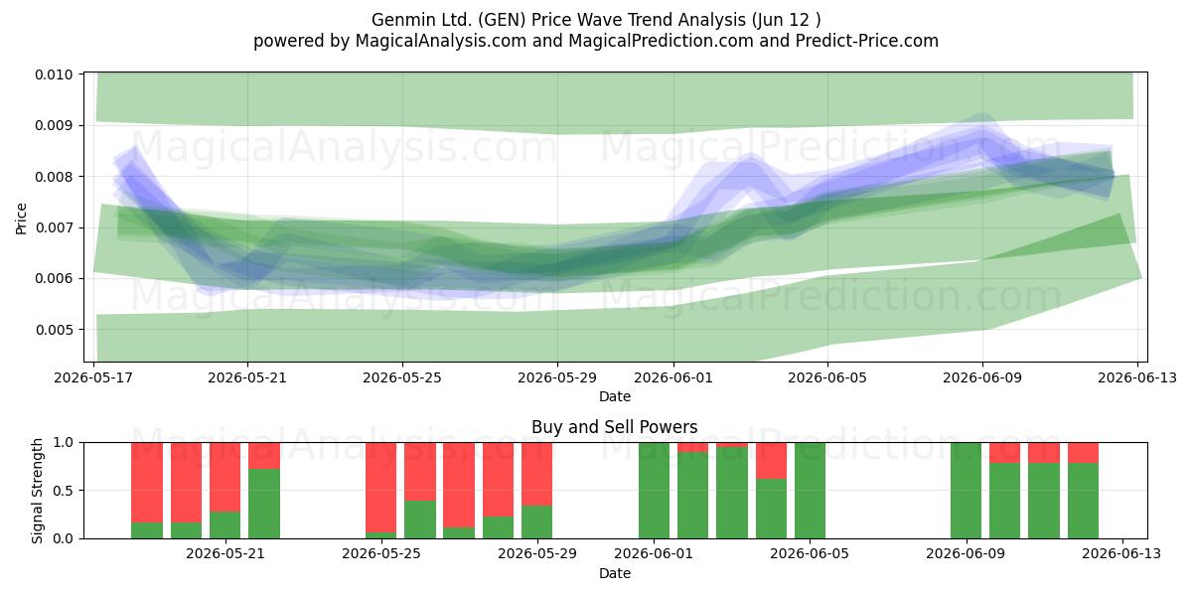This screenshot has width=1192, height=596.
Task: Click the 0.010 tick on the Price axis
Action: (54, 74)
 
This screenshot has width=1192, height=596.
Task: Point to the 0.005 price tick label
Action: (54, 330)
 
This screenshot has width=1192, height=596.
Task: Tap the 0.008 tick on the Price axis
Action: (54, 177)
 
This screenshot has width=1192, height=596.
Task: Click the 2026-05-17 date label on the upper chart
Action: (93, 377)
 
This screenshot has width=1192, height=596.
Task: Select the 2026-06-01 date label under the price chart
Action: (673, 377)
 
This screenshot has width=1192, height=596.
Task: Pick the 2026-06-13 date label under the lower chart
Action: (1122, 553)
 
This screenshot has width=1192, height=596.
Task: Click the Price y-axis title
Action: (21, 219)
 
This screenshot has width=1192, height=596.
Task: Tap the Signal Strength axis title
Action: (37, 491)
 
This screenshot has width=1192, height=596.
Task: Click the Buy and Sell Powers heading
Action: (615, 427)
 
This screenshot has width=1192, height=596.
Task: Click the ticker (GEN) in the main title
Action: (502, 20)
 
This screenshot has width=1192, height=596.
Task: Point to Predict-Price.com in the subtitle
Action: (867, 41)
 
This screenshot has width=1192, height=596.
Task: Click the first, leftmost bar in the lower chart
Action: (147, 491)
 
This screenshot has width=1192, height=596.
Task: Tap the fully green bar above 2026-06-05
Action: (810, 491)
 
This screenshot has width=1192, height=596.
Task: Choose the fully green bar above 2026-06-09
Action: (966, 491)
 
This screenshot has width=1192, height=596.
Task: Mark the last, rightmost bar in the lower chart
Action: (1083, 491)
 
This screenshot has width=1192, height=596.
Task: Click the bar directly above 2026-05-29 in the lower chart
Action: (537, 491)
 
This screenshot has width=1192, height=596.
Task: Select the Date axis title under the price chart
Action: (615, 396)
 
